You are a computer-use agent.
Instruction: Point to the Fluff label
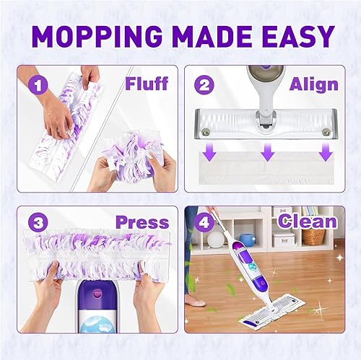point(146,84)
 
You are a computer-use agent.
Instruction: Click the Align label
point(313,84)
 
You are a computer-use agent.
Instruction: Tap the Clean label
point(307,221)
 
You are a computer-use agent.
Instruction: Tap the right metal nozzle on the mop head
point(329,131)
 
